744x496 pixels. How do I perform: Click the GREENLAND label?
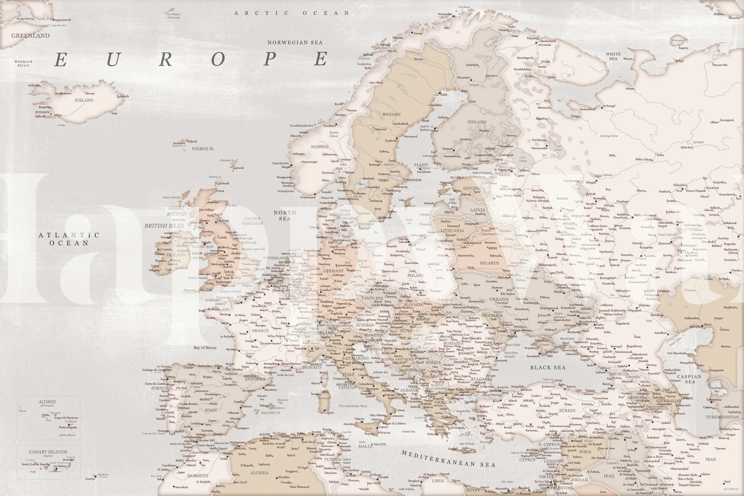pyautogui.click(x=30, y=36)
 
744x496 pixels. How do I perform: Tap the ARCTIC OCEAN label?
pyautogui.click(x=292, y=13)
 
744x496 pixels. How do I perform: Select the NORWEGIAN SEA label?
pyautogui.click(x=295, y=43)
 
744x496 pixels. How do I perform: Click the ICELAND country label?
pyautogui.click(x=84, y=100)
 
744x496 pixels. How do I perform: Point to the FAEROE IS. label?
pyautogui.click(x=203, y=149)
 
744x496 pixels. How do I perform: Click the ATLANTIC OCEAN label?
pyautogui.click(x=69, y=239)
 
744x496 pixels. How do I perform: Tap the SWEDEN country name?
pyautogui.click(x=392, y=115)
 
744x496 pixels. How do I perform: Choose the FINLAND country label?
pyautogui.click(x=476, y=122)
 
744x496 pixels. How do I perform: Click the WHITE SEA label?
pyautogui.click(x=613, y=57)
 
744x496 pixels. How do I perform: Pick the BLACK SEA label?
pyautogui.click(x=548, y=367)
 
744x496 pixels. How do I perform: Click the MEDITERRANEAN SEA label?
pyautogui.click(x=448, y=459)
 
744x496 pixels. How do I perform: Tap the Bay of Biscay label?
pyautogui.click(x=205, y=348)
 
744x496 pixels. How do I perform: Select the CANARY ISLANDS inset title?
pyautogui.click(x=48, y=452)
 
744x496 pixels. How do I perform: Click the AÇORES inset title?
pyautogui.click(x=47, y=402)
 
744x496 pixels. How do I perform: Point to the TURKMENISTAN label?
pyautogui.click(x=722, y=417)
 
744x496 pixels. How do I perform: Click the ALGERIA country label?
pyautogui.click(x=259, y=473)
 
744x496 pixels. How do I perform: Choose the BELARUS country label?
pyautogui.click(x=489, y=263)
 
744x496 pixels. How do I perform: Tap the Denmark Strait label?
pyautogui.click(x=24, y=63)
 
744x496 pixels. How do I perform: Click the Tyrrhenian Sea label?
pyautogui.click(x=352, y=406)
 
